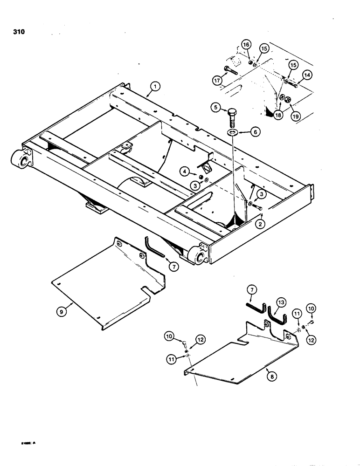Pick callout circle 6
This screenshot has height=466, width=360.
pyautogui.click(x=255, y=132)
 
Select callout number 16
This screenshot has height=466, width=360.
pyautogui.click(x=246, y=45)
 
